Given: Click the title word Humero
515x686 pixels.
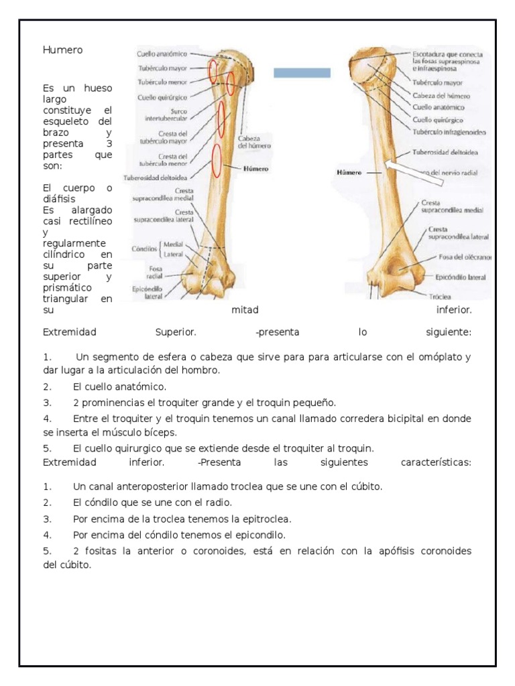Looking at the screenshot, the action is click(x=63, y=50).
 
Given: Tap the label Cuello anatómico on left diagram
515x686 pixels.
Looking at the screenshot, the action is click(x=162, y=53).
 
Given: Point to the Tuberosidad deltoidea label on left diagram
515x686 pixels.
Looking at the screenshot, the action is click(x=156, y=178).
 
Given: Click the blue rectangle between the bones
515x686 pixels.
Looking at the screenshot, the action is click(x=302, y=73).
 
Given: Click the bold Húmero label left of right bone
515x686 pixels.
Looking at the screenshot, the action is click(x=348, y=172).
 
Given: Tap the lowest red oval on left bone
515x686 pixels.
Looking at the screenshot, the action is click(x=217, y=161).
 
